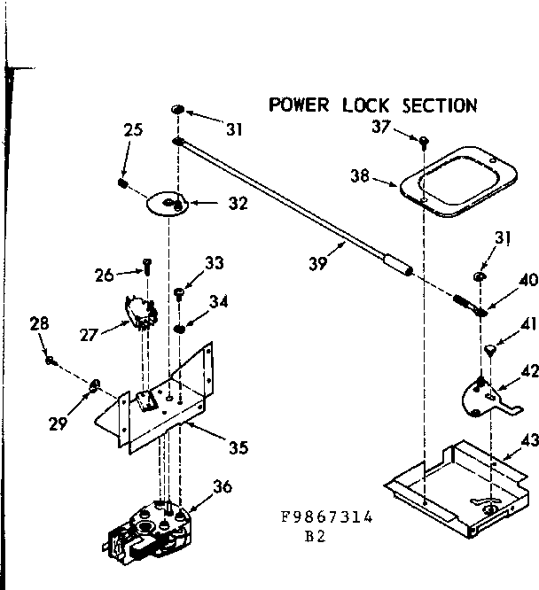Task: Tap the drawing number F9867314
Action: [x=324, y=519]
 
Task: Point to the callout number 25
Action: [x=133, y=131]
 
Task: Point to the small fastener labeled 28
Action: [x=53, y=360]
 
